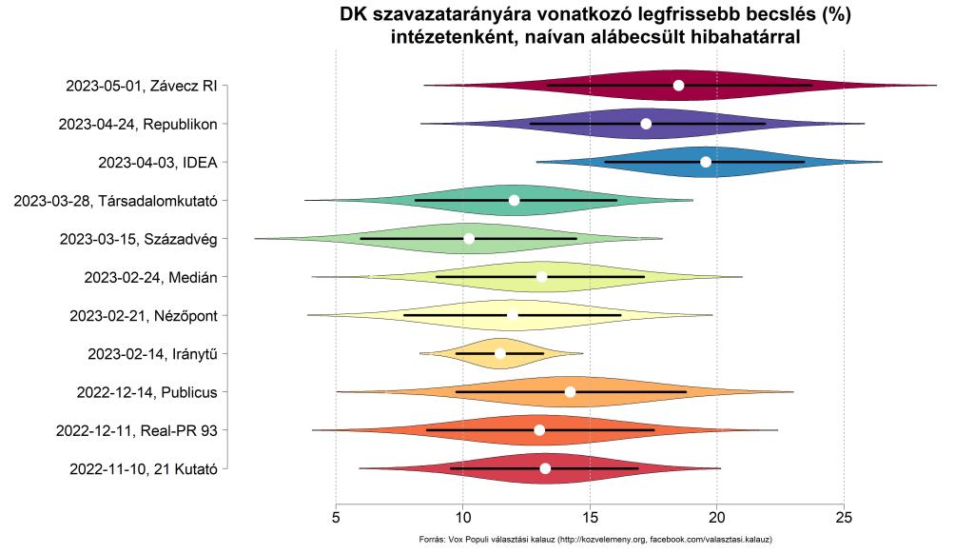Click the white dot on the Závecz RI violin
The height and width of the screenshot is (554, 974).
[x=678, y=86]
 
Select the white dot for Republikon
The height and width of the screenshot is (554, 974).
[x=646, y=124]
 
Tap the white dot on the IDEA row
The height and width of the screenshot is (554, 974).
[x=705, y=162]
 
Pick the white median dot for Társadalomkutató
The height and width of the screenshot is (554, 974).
[x=515, y=200]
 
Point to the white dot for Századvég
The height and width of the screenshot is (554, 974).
[x=469, y=238]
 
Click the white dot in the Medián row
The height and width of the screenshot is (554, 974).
[x=541, y=277]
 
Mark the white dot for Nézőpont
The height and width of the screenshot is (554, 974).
[x=513, y=315]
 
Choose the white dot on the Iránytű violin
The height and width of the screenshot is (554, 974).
[x=500, y=353]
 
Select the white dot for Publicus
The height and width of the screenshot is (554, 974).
[x=570, y=391]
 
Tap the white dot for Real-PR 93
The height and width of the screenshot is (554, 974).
[x=539, y=430]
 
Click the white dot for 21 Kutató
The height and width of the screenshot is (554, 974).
[x=545, y=468]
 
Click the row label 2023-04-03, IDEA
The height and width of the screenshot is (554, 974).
[x=158, y=163]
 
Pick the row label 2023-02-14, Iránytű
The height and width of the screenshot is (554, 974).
[x=152, y=354]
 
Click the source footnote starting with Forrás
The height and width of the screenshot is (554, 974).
[x=594, y=540]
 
